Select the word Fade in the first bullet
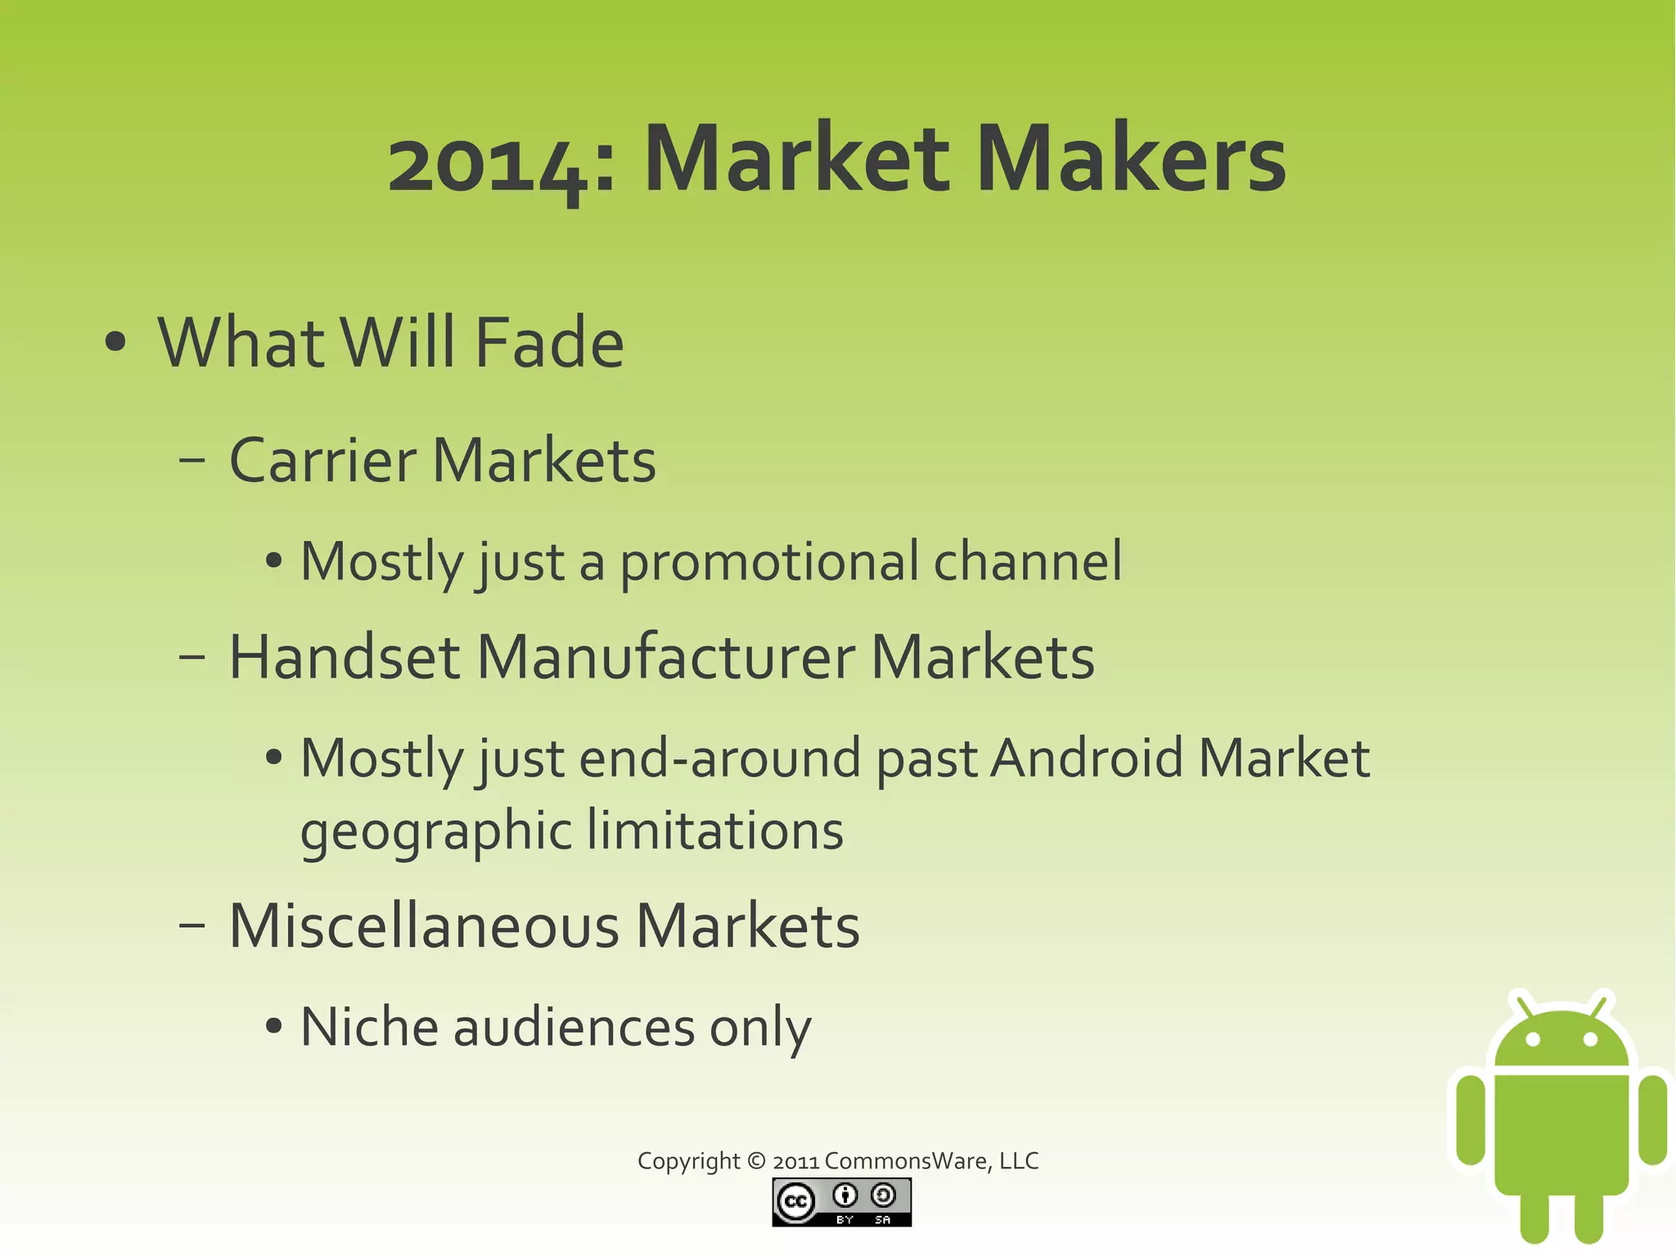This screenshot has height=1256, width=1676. [549, 343]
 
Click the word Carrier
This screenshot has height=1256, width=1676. [322, 461]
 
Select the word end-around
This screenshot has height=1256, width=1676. [720, 759]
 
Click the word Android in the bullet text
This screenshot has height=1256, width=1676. [1087, 759]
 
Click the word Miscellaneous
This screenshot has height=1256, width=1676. [424, 927]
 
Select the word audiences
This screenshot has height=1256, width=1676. [574, 1027]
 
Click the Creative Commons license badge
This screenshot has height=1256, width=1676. [841, 1202]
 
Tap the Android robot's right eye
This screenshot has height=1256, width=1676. [1591, 1039]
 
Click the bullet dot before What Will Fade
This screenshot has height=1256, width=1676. [115, 342]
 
